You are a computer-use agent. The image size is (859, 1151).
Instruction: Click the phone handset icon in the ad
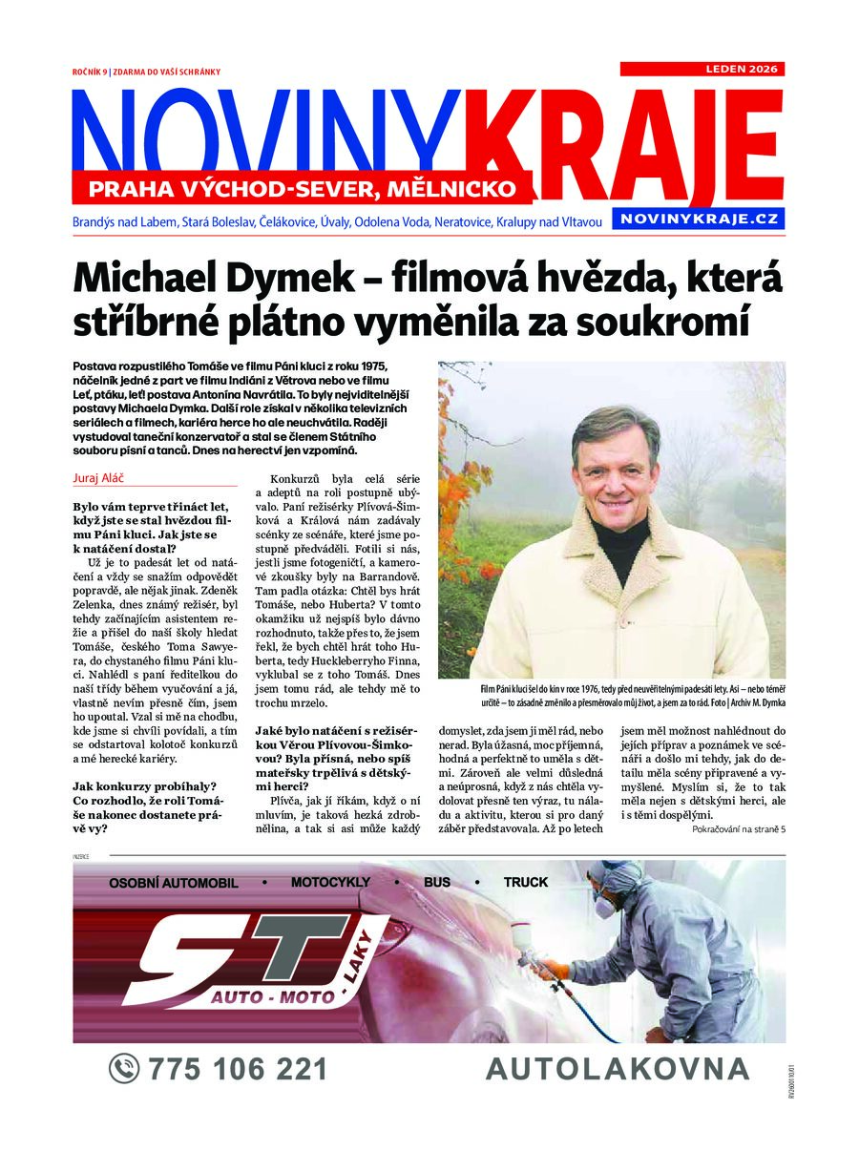click(x=124, y=1068)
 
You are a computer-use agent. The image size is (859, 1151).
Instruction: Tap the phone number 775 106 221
click(x=238, y=1069)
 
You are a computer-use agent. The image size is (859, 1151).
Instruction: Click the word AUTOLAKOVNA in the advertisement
click(x=618, y=1069)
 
